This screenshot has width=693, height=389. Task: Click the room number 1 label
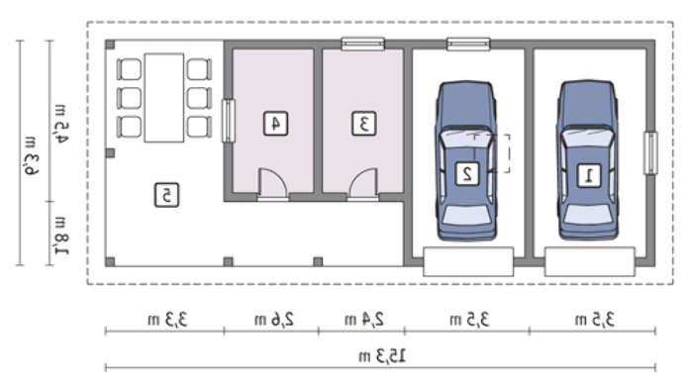589,175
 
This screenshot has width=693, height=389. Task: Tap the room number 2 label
467,173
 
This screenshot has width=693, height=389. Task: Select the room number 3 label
363,124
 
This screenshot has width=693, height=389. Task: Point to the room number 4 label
276,124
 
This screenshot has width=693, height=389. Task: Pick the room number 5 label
166,194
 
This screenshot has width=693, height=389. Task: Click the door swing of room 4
272,182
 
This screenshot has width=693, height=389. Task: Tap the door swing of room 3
363,182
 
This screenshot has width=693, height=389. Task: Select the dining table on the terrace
164,98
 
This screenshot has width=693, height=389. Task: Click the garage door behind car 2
468,261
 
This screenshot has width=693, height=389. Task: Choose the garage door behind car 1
590,261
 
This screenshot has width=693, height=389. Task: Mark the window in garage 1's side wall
650,153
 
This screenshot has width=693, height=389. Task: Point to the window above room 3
363,45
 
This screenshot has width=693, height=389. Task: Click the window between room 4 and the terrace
228,121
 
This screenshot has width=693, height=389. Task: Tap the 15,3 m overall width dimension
382,356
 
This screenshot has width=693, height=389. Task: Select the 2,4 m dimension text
364,319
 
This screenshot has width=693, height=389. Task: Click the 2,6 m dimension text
274,319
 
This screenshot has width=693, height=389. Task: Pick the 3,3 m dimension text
167,319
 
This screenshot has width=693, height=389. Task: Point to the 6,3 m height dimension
31,156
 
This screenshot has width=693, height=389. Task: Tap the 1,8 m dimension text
61,236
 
